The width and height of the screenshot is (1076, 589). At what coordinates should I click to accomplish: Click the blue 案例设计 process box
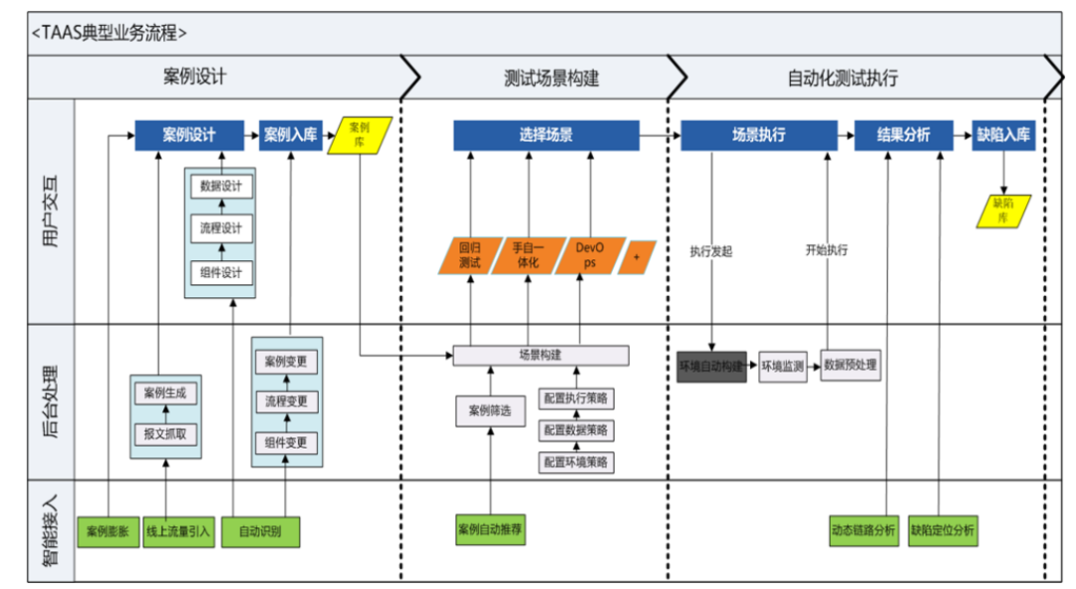click(x=189, y=136)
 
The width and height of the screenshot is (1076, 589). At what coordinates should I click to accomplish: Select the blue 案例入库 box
click(x=291, y=136)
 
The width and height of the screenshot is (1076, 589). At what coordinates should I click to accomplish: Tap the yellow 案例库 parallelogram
click(x=361, y=135)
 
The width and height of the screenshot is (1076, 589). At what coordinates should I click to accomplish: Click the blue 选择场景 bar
click(x=546, y=136)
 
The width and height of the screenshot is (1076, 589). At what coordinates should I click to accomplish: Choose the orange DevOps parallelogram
click(x=590, y=256)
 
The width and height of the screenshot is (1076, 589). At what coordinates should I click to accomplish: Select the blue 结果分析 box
click(x=904, y=136)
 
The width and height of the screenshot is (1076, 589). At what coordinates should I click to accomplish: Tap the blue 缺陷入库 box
click(x=1003, y=136)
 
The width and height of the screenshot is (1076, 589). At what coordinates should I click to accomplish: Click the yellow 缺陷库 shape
click(x=1003, y=209)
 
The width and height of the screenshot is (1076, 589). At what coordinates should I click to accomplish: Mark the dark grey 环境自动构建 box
click(x=712, y=367)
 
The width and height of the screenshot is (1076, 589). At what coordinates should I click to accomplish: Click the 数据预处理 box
click(x=850, y=366)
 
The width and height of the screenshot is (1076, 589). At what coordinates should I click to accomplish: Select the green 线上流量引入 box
click(x=178, y=531)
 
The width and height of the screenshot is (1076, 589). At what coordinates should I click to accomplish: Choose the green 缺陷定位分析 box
click(x=942, y=531)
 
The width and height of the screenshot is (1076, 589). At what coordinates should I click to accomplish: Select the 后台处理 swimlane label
click(x=53, y=403)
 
